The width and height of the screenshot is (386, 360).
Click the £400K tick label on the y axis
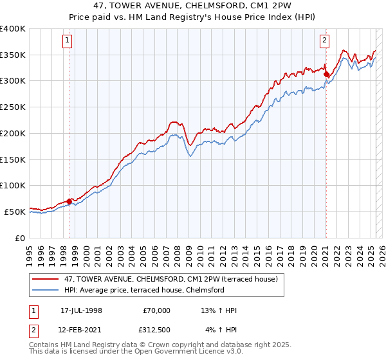[12, 29]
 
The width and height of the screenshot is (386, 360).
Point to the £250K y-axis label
[12, 107]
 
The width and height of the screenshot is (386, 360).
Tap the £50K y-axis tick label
[15, 212]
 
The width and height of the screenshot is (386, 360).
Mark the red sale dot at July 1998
[69, 201]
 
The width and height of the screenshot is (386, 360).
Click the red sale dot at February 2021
[326, 75]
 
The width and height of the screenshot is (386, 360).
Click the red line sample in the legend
[45, 279]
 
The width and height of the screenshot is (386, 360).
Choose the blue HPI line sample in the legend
[45, 290]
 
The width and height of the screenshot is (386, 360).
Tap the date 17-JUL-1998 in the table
[81, 310]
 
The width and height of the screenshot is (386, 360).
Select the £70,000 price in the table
[157, 310]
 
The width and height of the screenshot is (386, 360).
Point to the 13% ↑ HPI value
[219, 310]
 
